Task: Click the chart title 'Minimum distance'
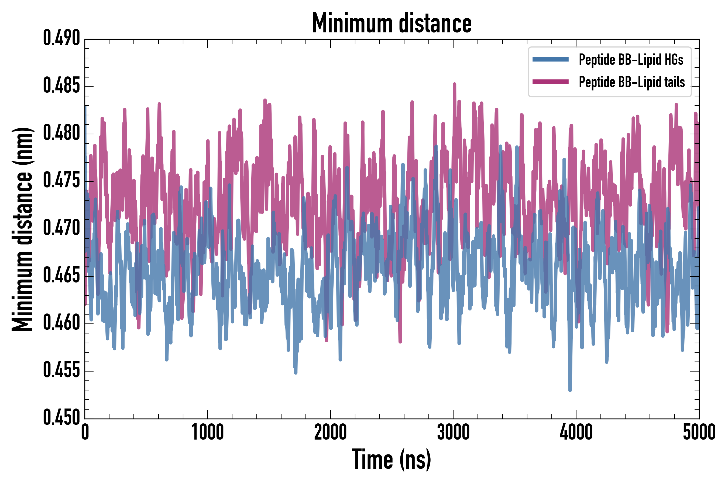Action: click(392, 23)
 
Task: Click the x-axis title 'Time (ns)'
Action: click(392, 460)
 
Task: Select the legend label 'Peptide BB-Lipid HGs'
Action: click(631, 59)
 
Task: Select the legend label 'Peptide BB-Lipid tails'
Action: click(632, 82)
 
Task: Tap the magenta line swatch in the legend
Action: click(550, 82)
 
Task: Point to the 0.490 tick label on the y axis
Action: click(61, 38)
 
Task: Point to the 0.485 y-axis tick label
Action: click(61, 86)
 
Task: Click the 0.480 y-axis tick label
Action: click(61, 133)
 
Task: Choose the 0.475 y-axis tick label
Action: click(61, 181)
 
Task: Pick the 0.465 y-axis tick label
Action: click(61, 276)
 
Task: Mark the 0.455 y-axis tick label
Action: click(61, 370)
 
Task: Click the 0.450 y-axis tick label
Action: click(61, 418)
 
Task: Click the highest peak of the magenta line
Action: click(454, 84)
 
